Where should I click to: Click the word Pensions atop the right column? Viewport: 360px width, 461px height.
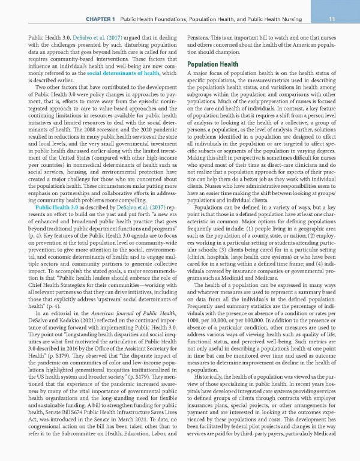[x=199, y=37]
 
